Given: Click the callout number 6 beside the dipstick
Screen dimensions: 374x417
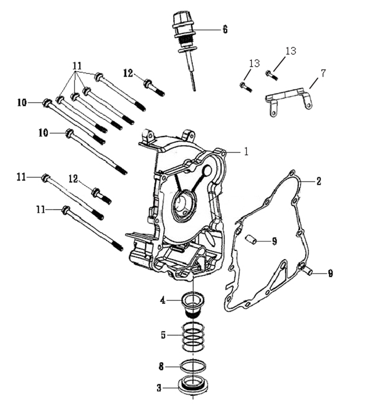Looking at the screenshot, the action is pyautogui.click(x=225, y=30).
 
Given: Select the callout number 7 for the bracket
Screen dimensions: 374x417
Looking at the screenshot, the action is pyautogui.click(x=322, y=73).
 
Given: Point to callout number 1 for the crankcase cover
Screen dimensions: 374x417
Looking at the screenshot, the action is pyautogui.click(x=246, y=151).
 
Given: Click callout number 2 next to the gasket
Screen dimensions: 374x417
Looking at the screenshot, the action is pyautogui.click(x=318, y=181).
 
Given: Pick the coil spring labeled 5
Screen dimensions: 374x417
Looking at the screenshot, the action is pyautogui.click(x=193, y=336).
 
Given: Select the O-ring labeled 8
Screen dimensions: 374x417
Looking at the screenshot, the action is pyautogui.click(x=193, y=367).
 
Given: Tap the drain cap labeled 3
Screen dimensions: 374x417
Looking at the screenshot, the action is pyautogui.click(x=192, y=386).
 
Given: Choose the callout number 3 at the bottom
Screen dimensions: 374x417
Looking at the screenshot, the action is pyautogui.click(x=159, y=388).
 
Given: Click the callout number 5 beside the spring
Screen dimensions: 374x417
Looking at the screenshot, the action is pyautogui.click(x=163, y=335).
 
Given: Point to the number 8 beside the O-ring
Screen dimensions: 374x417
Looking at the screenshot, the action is pyautogui.click(x=161, y=367).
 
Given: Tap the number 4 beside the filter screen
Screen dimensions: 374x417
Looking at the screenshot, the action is pyautogui.click(x=163, y=300).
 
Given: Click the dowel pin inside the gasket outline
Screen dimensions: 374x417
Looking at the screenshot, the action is pyautogui.click(x=251, y=239).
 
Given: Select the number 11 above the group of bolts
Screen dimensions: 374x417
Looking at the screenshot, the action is pyautogui.click(x=77, y=66).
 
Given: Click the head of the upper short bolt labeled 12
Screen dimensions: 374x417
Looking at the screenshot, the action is pyautogui.click(x=147, y=83).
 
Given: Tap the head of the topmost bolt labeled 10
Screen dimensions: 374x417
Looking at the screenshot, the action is pyautogui.click(x=47, y=103).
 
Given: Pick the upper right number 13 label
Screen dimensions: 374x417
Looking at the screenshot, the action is pyautogui.click(x=291, y=51).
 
